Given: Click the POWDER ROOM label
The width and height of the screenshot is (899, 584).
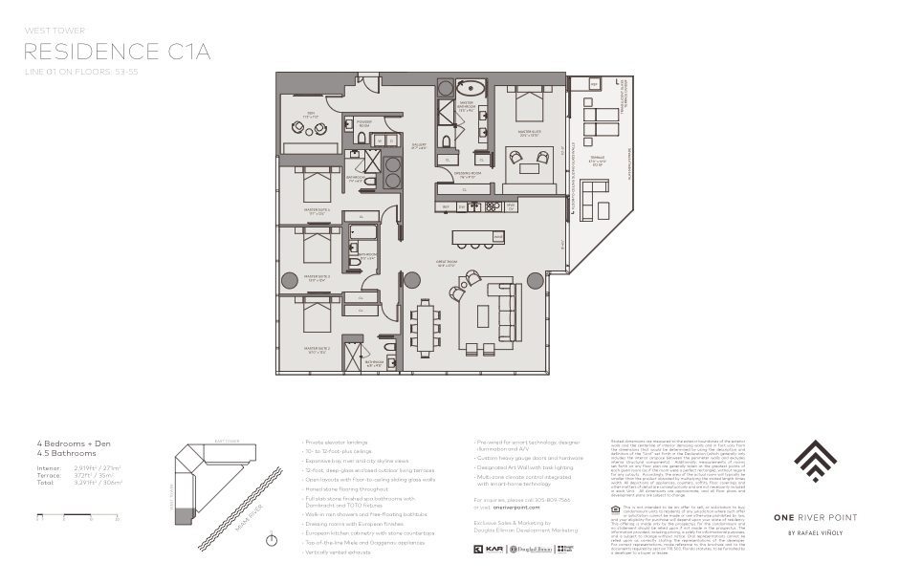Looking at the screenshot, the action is (364, 123).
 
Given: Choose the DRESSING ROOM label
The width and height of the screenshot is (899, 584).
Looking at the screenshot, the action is (467, 176).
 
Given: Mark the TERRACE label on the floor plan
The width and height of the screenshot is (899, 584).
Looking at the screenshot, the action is (597, 162).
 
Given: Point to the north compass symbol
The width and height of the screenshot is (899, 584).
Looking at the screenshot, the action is (274, 540).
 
